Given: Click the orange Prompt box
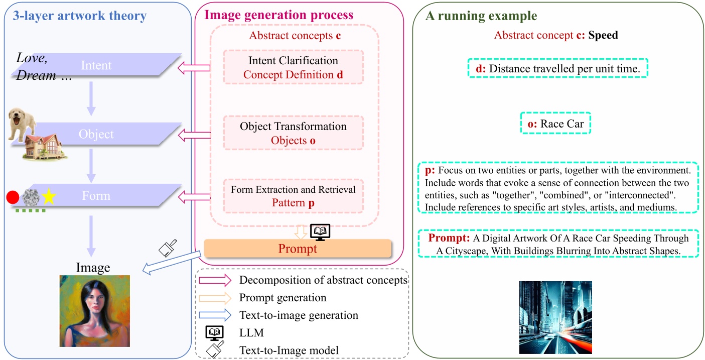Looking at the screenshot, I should pyautogui.click(x=297, y=249).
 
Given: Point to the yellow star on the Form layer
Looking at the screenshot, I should pyautogui.click(x=48, y=196).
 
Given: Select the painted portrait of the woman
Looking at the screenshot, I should pyautogui.click(x=94, y=310).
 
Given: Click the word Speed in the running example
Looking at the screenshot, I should pyautogui.click(x=603, y=36).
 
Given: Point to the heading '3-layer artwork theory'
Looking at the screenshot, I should pyautogui.click(x=75, y=16).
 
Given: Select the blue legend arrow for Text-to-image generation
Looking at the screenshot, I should pyautogui.click(x=214, y=315).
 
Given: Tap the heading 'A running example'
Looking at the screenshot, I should pyautogui.click(x=481, y=16).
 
